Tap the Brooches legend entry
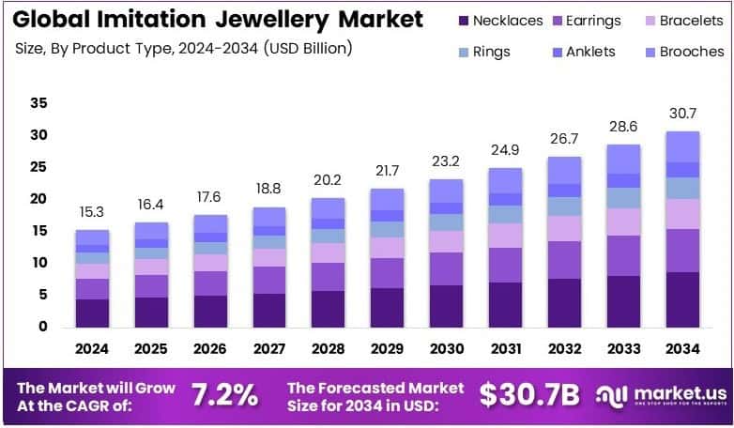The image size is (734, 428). [684, 53]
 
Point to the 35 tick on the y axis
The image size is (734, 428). [38, 103]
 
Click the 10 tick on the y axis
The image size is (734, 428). [38, 263]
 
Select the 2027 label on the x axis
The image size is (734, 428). [270, 349]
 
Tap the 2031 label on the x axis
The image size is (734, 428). [506, 349]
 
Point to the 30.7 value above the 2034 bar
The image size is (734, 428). [682, 113]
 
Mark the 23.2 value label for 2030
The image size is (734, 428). [447, 161]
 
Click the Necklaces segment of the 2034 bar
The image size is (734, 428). [682, 299]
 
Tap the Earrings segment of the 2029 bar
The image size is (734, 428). [388, 273]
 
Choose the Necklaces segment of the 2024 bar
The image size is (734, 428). [93, 313]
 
